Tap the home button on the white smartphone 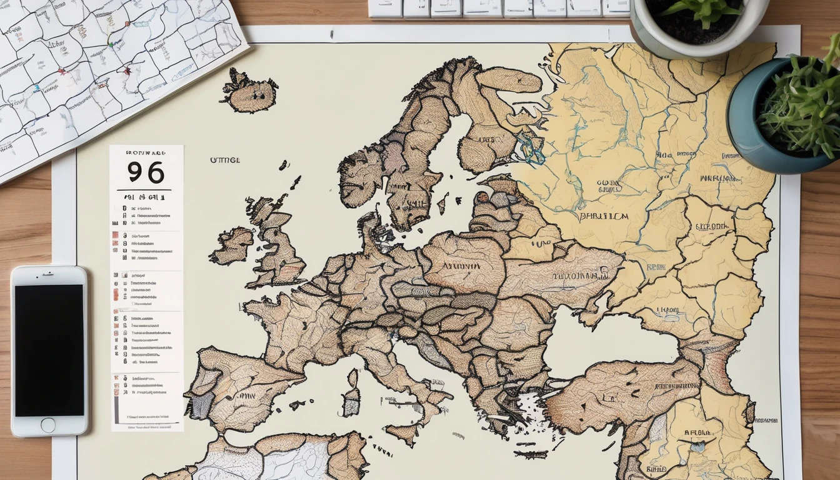pos(48,425)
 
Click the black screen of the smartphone pos(49,350)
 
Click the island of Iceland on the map pos(250,92)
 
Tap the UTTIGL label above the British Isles pos(224,161)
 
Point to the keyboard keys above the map pos(500,8)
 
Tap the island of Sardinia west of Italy pos(351,394)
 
